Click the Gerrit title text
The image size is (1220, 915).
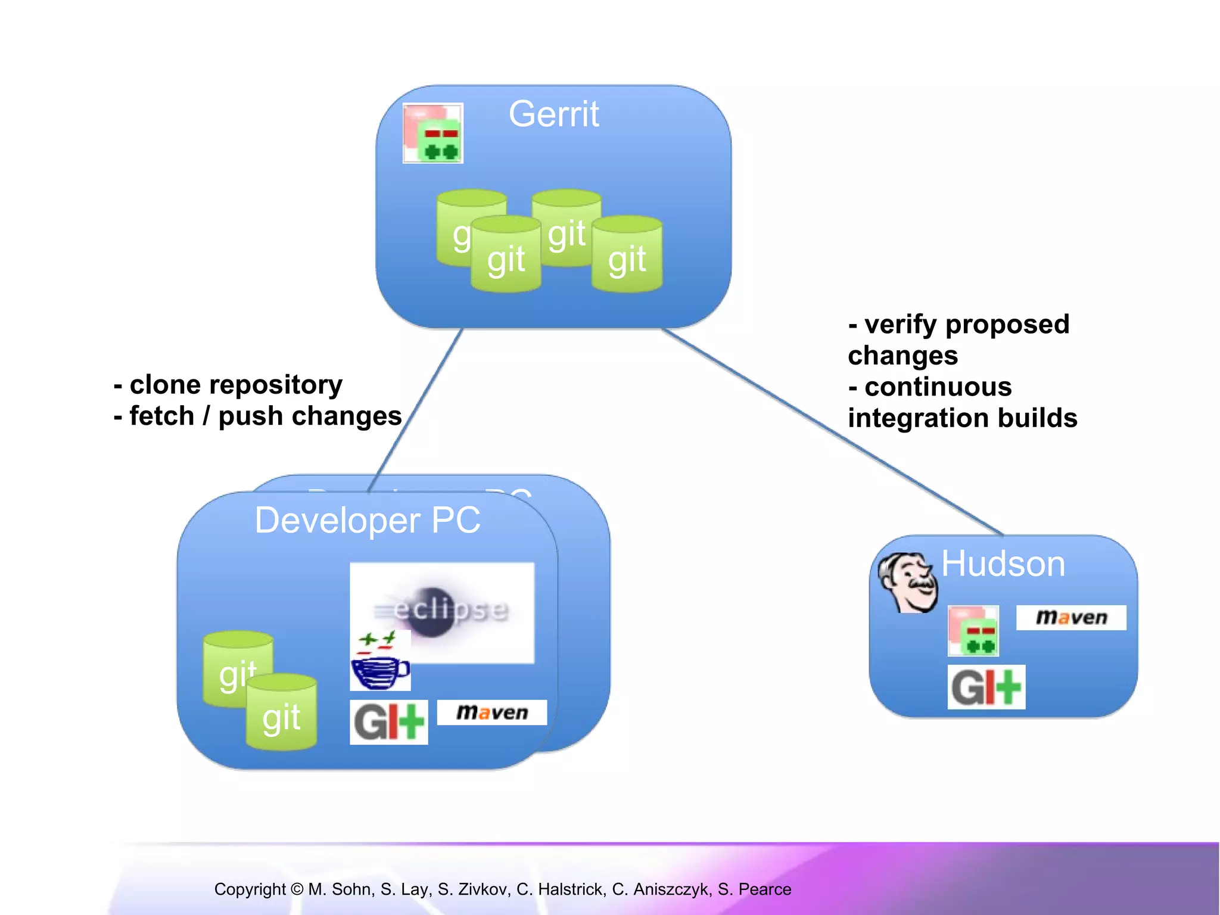tap(553, 114)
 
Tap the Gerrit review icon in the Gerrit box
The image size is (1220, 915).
tap(433, 133)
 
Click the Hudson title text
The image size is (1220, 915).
tap(1003, 564)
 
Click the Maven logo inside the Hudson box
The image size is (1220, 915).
tap(1070, 618)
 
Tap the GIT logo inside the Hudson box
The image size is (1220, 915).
tap(986, 687)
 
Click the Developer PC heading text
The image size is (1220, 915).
tap(367, 520)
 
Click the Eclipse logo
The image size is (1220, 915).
tap(442, 611)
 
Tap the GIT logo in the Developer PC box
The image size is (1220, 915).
tap(388, 722)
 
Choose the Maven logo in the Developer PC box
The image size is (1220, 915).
tap(491, 712)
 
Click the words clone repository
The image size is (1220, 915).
tap(235, 385)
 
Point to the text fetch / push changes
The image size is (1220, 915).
tap(265, 416)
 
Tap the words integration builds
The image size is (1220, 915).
tap(962, 418)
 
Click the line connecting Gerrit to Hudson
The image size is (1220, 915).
tap(834, 432)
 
